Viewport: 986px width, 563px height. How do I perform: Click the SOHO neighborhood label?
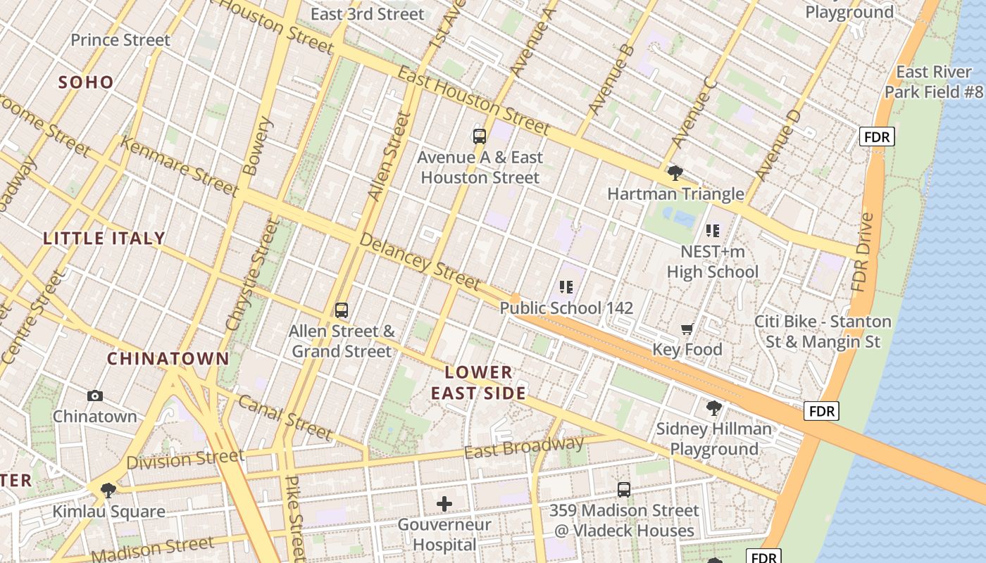click(86, 82)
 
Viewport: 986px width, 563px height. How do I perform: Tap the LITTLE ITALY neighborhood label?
click(104, 239)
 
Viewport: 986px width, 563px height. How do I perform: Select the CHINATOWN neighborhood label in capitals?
click(168, 359)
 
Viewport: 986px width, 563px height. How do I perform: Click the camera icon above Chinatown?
click(95, 396)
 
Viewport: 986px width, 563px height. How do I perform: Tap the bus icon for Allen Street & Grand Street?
click(342, 310)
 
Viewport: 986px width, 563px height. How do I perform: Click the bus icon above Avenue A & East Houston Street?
click(480, 137)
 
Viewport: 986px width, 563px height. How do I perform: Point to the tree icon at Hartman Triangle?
click(675, 173)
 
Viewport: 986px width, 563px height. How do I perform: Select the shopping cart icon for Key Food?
click(687, 329)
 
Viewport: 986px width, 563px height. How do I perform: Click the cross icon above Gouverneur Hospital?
click(444, 504)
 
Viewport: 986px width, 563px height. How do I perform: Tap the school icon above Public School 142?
click(566, 287)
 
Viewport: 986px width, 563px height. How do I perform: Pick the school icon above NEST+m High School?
click(713, 231)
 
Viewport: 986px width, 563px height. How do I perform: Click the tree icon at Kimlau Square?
click(108, 491)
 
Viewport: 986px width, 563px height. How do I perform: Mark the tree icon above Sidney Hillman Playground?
click(714, 408)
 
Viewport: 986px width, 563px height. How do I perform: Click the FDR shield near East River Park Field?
click(877, 137)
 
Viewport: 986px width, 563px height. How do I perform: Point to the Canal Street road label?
click(285, 417)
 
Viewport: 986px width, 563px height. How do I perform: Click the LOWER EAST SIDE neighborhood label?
click(479, 383)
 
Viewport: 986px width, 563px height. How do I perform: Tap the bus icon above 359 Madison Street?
click(624, 490)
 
